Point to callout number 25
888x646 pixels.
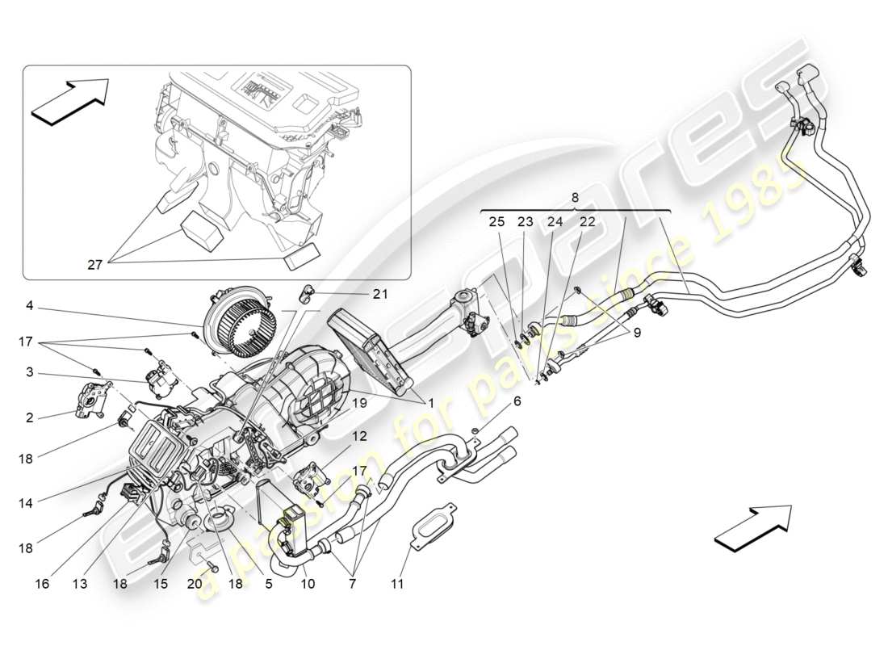tap(496, 222)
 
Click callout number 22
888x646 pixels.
tap(587, 222)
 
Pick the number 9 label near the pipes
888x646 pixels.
tap(639, 331)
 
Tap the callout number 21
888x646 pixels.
tap(379, 295)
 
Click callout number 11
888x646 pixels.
tap(397, 583)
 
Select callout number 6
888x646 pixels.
tap(517, 401)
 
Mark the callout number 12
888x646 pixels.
tap(359, 436)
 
